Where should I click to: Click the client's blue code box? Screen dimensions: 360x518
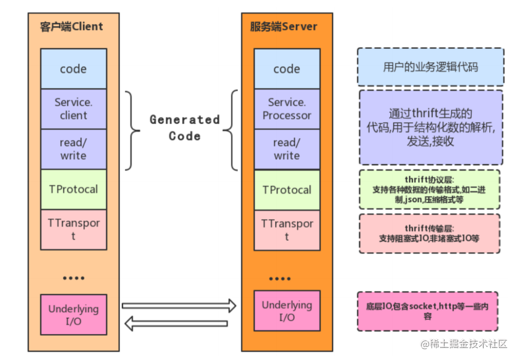coord(73,69)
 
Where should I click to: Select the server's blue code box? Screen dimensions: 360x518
coord(287,69)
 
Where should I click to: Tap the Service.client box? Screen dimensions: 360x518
coord(73,108)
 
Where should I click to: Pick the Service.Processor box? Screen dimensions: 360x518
coord(287,108)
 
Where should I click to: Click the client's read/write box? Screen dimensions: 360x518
coord(73,149)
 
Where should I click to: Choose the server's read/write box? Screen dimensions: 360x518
coord(287,149)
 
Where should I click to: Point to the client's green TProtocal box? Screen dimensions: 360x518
coord(73,189)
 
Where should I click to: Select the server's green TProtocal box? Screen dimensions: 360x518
coord(287,190)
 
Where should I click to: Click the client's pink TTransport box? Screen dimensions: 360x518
coord(73,229)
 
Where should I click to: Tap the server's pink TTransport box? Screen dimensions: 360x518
coord(287,229)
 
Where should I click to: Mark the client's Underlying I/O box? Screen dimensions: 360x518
coord(73,315)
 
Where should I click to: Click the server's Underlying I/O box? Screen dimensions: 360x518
coord(287,311)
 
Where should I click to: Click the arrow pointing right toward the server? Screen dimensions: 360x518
coord(179,306)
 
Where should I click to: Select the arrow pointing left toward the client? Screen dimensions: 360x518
coord(176,324)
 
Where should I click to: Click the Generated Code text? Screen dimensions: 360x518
coord(184,127)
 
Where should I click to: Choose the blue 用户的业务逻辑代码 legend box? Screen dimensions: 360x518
coord(430,67)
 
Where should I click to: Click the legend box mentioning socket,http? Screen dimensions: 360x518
coord(427,311)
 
